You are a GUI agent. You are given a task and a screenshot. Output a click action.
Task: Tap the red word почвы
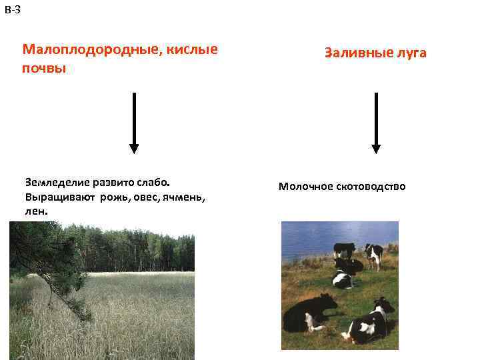(x=44, y=69)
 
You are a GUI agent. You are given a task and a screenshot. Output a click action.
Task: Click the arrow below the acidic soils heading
(x=134, y=123)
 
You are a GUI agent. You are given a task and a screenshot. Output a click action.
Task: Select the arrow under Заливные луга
(x=376, y=123)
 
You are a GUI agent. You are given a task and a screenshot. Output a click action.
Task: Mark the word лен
(x=37, y=211)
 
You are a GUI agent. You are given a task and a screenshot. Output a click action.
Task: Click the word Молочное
(x=307, y=187)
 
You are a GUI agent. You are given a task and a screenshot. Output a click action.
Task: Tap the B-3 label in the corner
(x=12, y=9)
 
